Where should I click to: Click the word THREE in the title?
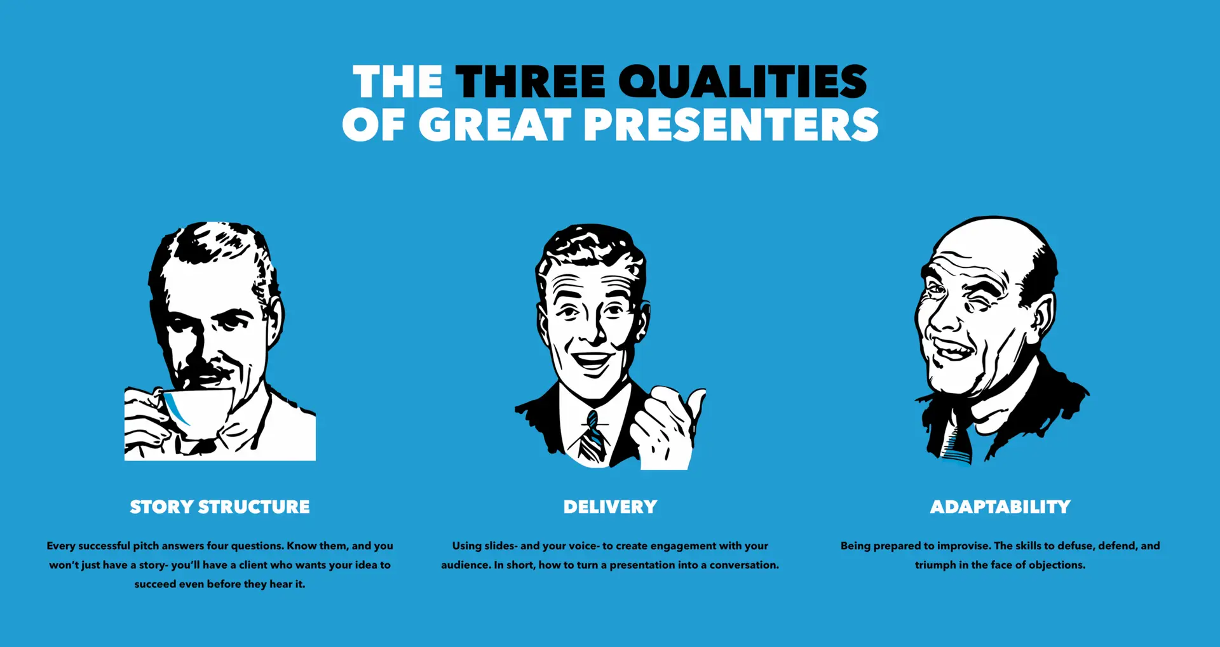pyautogui.click(x=531, y=81)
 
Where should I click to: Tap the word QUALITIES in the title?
pyautogui.click(x=743, y=81)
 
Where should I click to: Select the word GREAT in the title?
pyautogui.click(x=495, y=124)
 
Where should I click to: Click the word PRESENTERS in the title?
pyautogui.click(x=731, y=124)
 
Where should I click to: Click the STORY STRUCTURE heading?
pyautogui.click(x=220, y=507)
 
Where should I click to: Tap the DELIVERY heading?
pyautogui.click(x=610, y=507)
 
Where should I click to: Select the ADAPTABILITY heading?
pyautogui.click(x=1000, y=507)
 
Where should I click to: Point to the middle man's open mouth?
pyautogui.click(x=592, y=362)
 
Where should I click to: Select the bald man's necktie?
pyautogui.click(x=957, y=441)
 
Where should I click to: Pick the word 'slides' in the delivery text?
pyautogui.click(x=499, y=545)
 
